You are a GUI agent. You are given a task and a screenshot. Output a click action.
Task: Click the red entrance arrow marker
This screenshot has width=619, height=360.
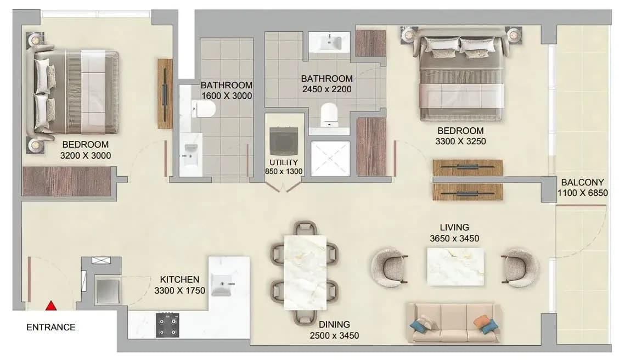tap(50, 306)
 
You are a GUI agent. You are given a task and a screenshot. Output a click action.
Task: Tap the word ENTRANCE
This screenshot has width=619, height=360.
tap(51, 327)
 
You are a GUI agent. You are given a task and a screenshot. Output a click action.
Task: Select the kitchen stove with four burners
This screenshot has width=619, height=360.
tap(167, 325)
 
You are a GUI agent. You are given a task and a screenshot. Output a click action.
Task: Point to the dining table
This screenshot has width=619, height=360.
tap(305, 272)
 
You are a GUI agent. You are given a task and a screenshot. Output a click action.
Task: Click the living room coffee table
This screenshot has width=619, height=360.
tap(455, 267)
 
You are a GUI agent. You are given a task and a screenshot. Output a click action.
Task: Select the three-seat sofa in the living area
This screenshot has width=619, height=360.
tap(454, 323)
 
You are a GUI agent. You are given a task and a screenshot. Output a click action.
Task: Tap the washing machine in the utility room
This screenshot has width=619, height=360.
tap(284, 141)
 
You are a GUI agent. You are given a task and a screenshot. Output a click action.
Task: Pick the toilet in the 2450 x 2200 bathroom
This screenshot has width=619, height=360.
tap(329, 115)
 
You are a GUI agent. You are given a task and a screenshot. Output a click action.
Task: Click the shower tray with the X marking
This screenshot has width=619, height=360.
tap(330, 159)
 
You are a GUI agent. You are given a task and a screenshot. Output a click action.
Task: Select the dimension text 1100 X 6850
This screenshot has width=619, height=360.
tap(582, 193)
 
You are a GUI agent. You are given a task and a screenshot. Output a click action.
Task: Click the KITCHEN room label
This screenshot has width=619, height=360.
tap(179, 279)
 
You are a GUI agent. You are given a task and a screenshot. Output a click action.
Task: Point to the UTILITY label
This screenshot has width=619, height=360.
tap(284, 162)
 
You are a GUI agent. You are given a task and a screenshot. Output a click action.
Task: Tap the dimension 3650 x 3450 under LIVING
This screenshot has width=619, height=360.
tap(454, 238)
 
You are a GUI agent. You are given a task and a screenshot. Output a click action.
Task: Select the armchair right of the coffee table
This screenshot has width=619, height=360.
tap(520, 267)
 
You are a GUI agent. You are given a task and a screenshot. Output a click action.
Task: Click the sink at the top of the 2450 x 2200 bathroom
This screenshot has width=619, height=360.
tap(329, 42)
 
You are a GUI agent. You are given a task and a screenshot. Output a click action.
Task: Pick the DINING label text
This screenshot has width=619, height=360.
tap(334, 324)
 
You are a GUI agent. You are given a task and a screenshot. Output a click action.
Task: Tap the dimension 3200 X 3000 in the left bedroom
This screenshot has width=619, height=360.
tap(85, 155)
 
